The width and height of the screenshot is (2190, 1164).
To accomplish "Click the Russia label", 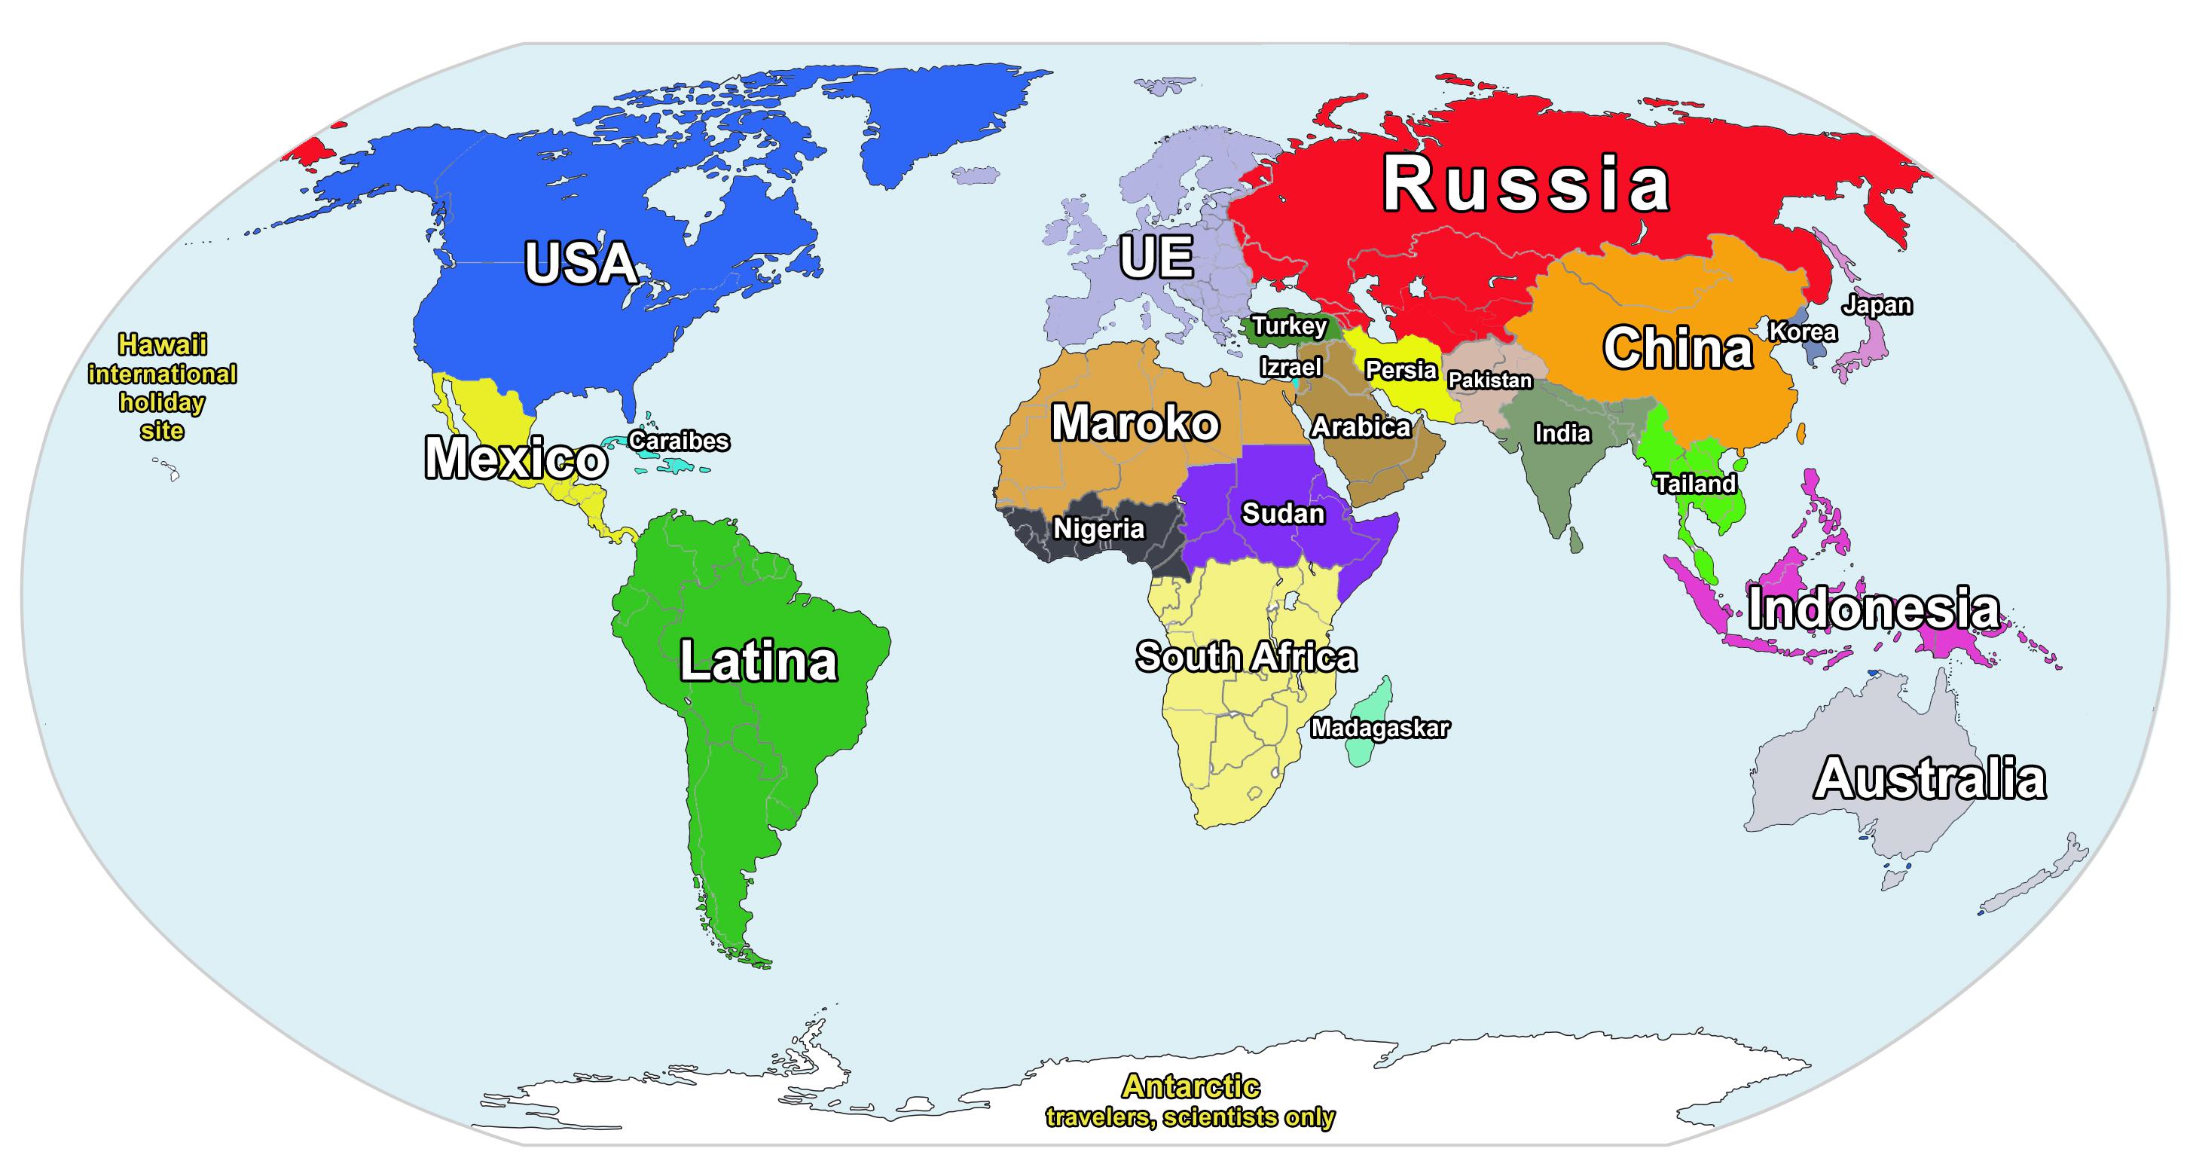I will [1526, 185].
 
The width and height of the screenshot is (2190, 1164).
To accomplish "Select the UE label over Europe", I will [1156, 257].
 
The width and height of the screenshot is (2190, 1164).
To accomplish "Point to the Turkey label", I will [1289, 325].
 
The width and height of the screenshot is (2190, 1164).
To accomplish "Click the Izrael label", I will [1290, 368].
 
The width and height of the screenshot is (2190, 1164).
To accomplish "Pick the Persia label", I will [1400, 370].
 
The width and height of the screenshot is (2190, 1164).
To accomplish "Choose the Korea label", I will [1802, 331].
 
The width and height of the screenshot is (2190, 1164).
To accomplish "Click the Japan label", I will [1877, 304].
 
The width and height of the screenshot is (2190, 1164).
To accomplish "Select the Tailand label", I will [1694, 484].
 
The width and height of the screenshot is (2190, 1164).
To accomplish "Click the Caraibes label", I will [679, 441].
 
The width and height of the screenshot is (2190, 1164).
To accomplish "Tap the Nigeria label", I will [1098, 529].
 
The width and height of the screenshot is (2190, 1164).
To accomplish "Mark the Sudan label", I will [1283, 514].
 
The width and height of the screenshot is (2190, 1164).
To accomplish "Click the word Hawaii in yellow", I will [163, 344].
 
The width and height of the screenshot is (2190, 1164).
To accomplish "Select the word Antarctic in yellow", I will [1190, 1086].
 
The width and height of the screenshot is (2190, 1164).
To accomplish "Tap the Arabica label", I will [1361, 427].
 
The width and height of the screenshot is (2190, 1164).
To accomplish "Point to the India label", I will [1562, 434].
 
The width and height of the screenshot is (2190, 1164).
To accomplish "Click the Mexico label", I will [515, 458].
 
